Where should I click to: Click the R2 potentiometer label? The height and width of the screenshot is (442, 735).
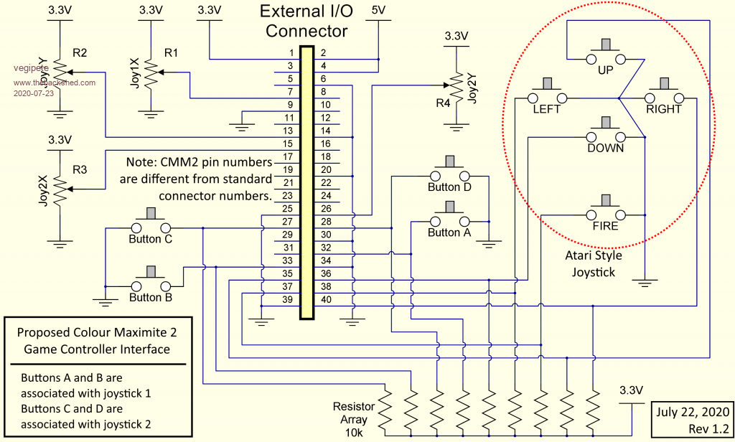point(80,53)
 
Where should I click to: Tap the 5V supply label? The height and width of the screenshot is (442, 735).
point(378,11)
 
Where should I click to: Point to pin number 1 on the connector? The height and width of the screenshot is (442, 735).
point(291,53)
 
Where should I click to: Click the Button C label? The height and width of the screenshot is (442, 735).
point(151,239)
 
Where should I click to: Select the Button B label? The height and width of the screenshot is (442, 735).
point(151,297)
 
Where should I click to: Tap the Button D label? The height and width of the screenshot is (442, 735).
point(449,187)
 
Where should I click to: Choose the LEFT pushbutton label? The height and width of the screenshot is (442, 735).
point(546,110)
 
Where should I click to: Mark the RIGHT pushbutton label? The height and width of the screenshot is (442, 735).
point(664,110)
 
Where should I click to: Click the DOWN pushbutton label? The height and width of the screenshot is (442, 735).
point(606,149)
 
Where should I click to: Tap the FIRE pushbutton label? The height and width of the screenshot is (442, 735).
point(606,225)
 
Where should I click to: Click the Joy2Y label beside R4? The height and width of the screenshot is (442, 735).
point(472,88)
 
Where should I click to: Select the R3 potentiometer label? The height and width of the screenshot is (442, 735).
point(80,170)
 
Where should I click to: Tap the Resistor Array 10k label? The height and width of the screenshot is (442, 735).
point(354,419)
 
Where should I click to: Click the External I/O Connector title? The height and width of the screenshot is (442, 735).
point(306,22)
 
